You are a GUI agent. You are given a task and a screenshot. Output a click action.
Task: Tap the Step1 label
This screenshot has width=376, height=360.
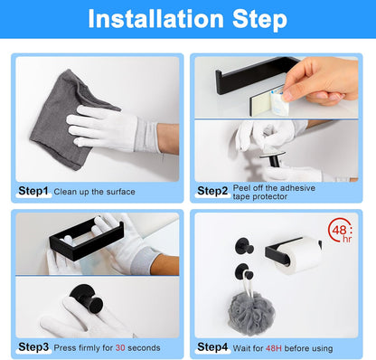34,191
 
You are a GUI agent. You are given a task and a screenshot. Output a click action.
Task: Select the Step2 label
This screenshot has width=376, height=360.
213,191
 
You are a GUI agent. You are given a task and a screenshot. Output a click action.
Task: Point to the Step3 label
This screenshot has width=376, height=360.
34,346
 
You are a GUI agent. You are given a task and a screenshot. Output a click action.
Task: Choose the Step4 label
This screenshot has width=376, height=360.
214,346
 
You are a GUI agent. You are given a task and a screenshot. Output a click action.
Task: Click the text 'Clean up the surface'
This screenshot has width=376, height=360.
94,192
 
